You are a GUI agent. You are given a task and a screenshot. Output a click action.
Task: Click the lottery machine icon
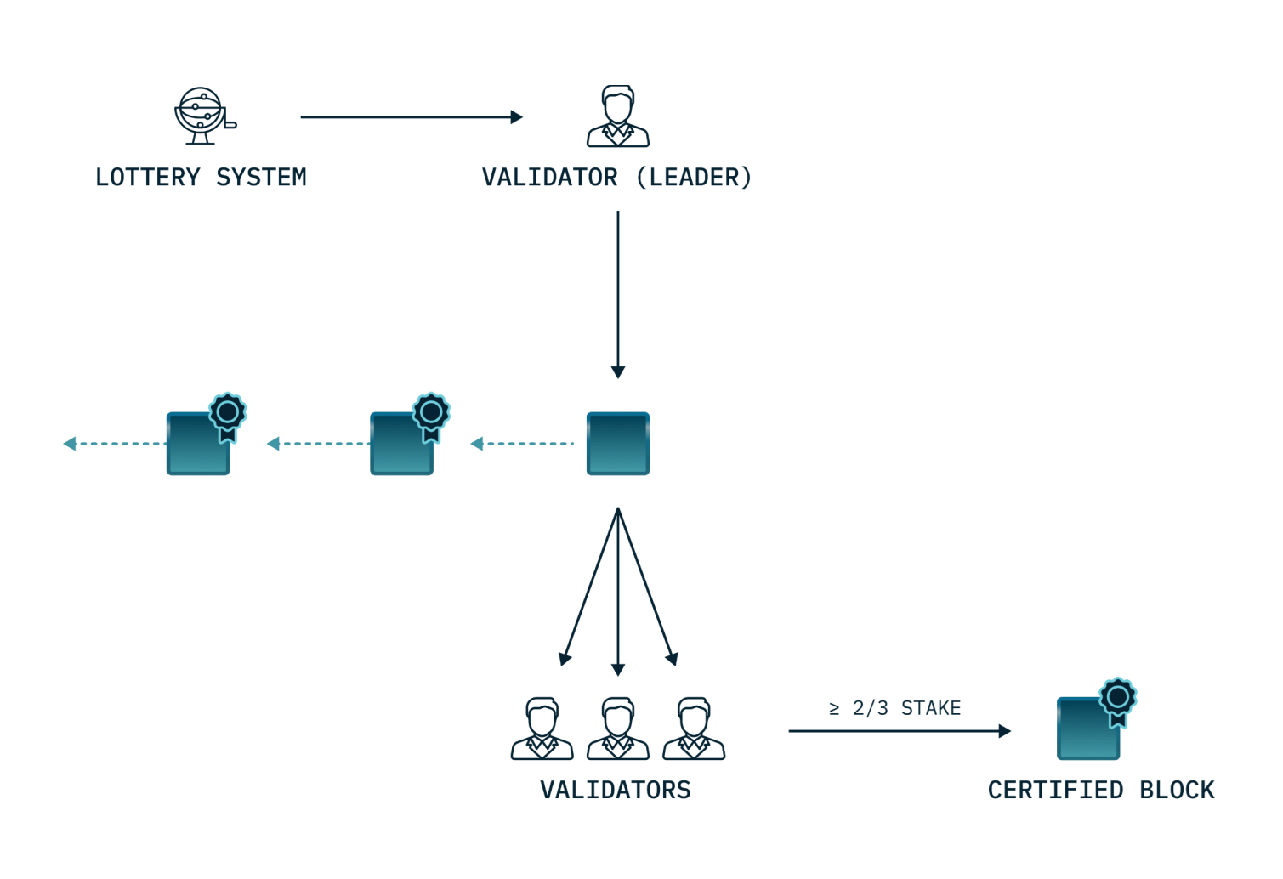203,116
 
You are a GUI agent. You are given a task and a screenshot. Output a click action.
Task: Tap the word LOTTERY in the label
148,178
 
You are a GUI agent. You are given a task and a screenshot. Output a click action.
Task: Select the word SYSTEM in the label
261,178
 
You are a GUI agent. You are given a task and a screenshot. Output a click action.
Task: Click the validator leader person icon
618,116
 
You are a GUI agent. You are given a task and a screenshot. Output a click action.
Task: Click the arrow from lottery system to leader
412,117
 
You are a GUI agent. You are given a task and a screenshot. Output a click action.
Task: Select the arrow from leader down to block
618,293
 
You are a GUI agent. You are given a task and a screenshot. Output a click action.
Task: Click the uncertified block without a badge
618,444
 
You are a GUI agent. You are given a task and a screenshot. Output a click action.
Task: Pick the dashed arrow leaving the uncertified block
522,444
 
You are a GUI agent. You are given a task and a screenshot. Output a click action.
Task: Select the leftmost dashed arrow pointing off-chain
115,444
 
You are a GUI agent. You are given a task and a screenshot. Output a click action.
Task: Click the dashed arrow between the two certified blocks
318,444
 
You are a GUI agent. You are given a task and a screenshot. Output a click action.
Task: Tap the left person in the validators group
542,729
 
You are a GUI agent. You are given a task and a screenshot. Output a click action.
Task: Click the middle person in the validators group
618,729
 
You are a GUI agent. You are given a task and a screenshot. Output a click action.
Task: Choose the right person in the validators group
694,729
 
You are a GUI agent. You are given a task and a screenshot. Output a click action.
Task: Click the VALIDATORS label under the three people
616,791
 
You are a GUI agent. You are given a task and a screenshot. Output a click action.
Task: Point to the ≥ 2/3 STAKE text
895,708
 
